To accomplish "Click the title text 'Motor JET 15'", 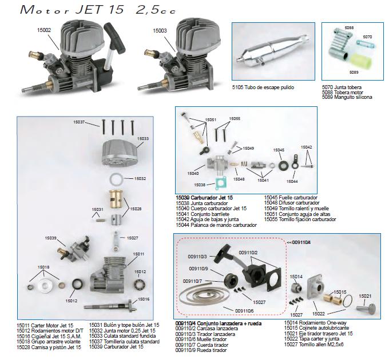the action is [72, 10].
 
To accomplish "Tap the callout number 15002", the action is [44, 30].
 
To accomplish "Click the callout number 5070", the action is [367, 37].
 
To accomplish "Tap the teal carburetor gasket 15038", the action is [221, 183].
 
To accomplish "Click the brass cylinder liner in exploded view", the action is [116, 199].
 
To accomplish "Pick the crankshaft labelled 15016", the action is [110, 305].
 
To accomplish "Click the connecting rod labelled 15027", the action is [116, 241].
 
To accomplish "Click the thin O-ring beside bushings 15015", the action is [348, 301].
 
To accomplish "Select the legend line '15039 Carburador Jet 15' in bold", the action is [204, 198].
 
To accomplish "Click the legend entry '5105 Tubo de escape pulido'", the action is [263, 87].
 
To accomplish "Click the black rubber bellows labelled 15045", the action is [284, 165].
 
